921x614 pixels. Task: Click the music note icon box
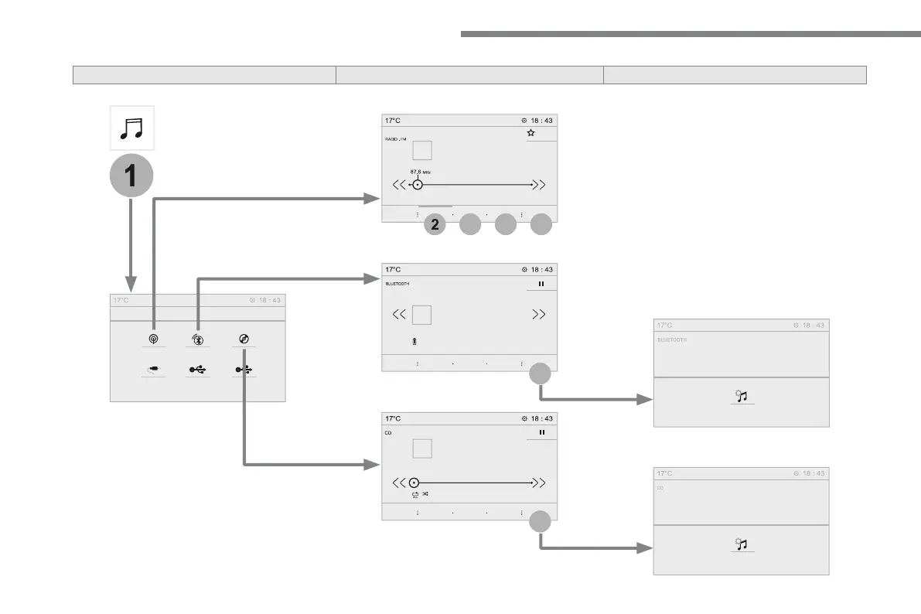[131, 128]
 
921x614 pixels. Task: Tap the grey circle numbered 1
[131, 176]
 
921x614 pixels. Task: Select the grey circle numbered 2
[435, 225]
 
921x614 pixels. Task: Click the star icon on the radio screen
[531, 133]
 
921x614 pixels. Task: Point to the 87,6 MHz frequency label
[421, 172]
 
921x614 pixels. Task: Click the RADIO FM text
[396, 140]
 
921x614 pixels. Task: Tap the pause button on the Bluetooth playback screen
[541, 284]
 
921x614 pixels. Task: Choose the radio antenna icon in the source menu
[154, 339]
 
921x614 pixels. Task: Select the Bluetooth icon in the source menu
[199, 339]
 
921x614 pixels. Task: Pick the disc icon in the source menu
[244, 339]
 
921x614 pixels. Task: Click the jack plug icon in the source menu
[154, 370]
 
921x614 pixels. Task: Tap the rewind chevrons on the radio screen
[399, 185]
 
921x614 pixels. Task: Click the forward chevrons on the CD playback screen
[539, 482]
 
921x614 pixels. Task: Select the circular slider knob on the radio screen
[418, 185]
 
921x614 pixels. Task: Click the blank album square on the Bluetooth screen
[421, 315]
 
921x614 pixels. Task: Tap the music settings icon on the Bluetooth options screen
[742, 397]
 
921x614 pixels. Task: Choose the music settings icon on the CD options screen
[742, 544]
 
